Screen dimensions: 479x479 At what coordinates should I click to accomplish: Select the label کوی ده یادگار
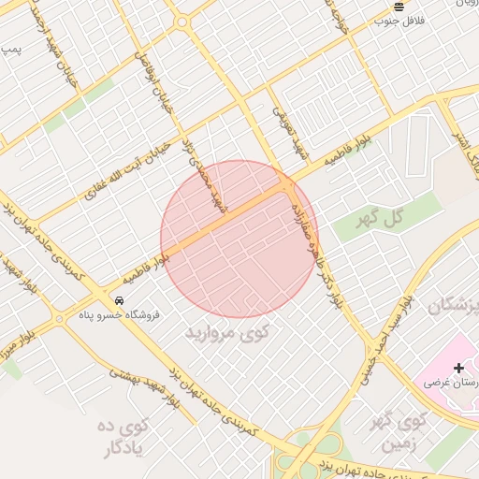pos(123,436)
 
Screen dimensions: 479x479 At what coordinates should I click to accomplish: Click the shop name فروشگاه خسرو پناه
pos(119,314)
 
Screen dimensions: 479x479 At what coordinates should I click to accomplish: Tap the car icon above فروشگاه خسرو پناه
pos(119,299)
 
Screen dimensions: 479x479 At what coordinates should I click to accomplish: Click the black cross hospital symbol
pos(458,368)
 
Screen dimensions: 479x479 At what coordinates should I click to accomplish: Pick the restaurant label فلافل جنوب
pos(399,20)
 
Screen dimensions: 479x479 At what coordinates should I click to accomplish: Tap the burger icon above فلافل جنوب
pos(399,7)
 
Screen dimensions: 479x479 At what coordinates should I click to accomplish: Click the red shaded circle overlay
pos(239,239)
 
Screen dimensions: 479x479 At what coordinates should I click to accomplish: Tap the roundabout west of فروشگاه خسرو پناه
pos(58,319)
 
